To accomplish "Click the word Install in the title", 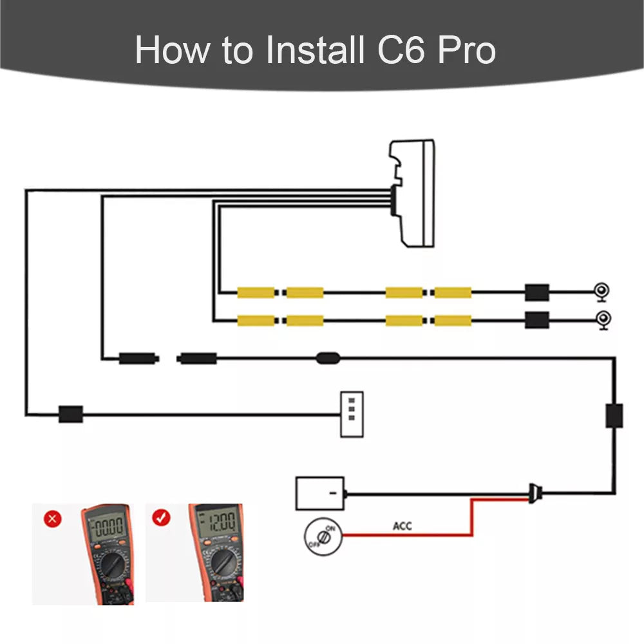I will (x=315, y=50).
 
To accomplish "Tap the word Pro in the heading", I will (x=466, y=50).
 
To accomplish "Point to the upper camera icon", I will (x=602, y=292).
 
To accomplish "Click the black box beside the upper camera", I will (x=536, y=292).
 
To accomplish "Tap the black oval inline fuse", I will (x=328, y=357).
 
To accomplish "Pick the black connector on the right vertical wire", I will (x=614, y=415).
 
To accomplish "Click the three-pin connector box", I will (x=351, y=414).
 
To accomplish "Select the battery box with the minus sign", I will (x=319, y=493).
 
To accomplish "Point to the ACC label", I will (x=402, y=526).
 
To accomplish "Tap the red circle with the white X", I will (x=53, y=519).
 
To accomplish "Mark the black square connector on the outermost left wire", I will (x=71, y=413).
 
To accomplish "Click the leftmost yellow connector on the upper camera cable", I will (x=256, y=292).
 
